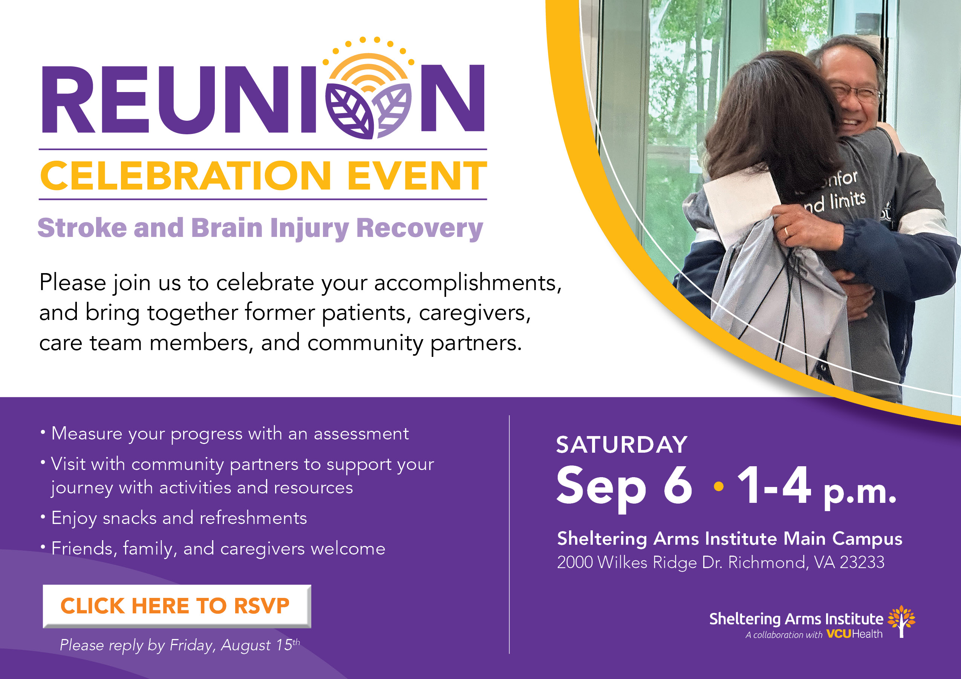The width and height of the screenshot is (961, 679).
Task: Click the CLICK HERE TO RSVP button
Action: coord(177,606)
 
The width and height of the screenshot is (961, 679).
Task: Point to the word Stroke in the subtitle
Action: coord(82,228)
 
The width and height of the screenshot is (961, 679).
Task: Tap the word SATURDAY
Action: coord(621,444)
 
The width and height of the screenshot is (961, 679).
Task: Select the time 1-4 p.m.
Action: coord(816,487)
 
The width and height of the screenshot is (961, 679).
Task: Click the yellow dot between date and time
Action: coord(719,486)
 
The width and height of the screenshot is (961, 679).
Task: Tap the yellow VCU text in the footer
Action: coord(839,634)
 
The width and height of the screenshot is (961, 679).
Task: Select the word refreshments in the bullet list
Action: coord(253,518)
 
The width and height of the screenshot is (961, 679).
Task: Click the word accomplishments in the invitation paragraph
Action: coord(468,283)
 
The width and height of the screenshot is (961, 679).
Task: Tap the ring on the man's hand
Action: coord(786,231)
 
